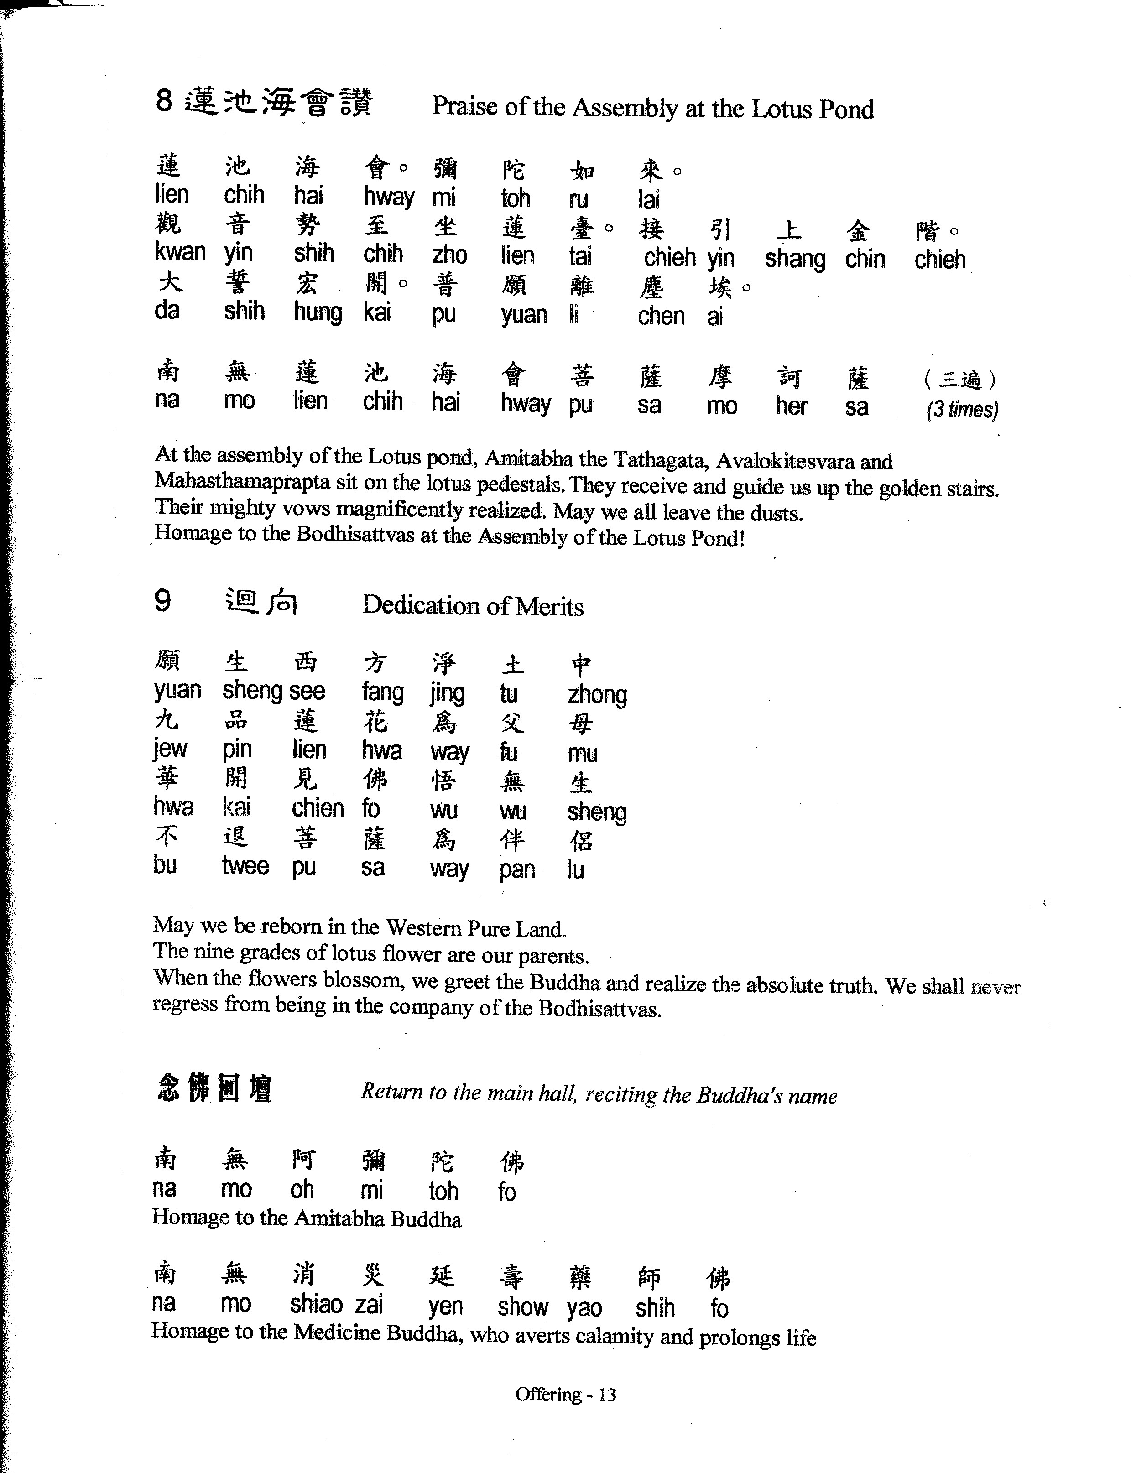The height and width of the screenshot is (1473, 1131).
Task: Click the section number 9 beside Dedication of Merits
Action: point(162,600)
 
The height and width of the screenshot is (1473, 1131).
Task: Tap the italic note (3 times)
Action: point(962,409)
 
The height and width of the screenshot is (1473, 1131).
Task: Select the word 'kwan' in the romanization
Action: point(180,252)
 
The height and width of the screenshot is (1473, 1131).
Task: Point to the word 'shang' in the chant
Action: point(795,259)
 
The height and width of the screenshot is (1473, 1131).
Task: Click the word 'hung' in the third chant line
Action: point(318,312)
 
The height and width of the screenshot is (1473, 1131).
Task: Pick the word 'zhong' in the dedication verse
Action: point(597,694)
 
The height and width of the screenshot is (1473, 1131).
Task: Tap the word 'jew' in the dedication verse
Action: point(170,749)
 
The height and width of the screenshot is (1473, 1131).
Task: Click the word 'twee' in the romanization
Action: point(245,866)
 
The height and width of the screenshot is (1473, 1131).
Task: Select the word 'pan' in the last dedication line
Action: point(517,870)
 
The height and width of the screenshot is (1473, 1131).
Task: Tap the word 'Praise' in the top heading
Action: point(464,106)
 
